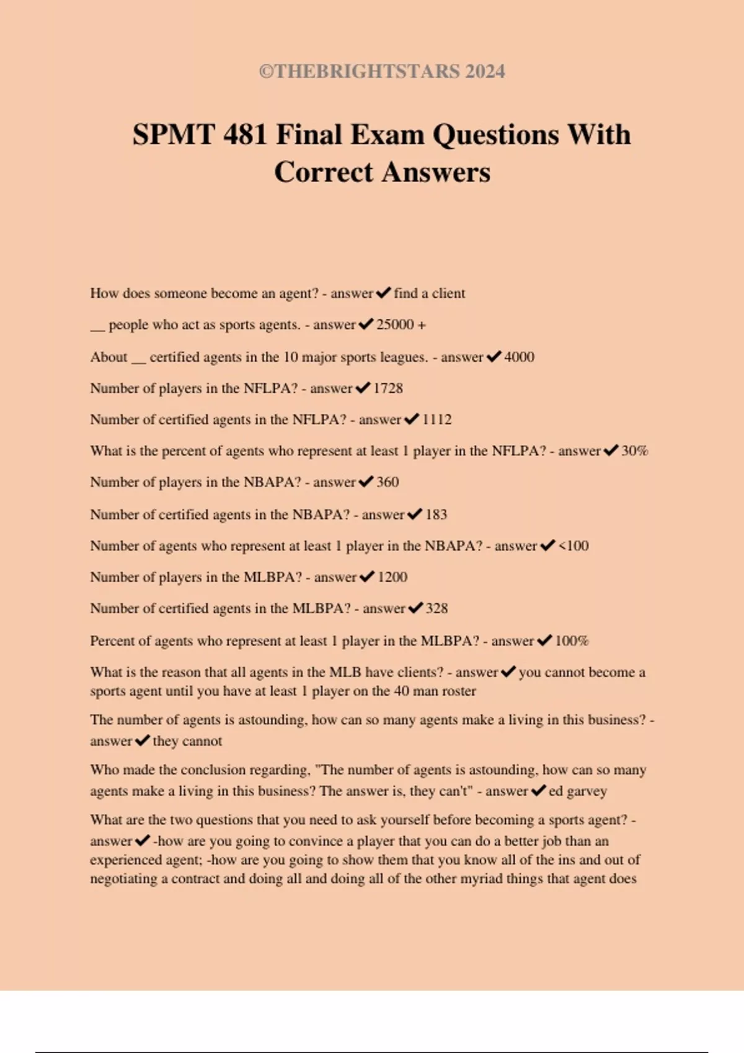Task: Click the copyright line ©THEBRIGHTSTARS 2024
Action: click(x=382, y=71)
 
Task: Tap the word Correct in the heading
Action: click(x=324, y=172)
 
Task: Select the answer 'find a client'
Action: click(x=429, y=293)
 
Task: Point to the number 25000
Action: click(x=394, y=325)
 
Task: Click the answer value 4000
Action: click(x=519, y=357)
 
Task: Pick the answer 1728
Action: click(x=387, y=388)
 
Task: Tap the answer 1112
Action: click(x=436, y=419)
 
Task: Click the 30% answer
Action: click(x=634, y=451)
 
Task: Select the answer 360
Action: click(x=387, y=482)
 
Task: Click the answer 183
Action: click(x=436, y=514)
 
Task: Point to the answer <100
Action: click(x=573, y=546)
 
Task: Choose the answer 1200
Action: click(x=392, y=577)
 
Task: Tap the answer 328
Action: click(x=436, y=608)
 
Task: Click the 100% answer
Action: click(x=571, y=640)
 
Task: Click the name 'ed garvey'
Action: click(x=578, y=791)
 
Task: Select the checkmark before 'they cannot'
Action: click(x=142, y=740)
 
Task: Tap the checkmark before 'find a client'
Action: click(x=383, y=292)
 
